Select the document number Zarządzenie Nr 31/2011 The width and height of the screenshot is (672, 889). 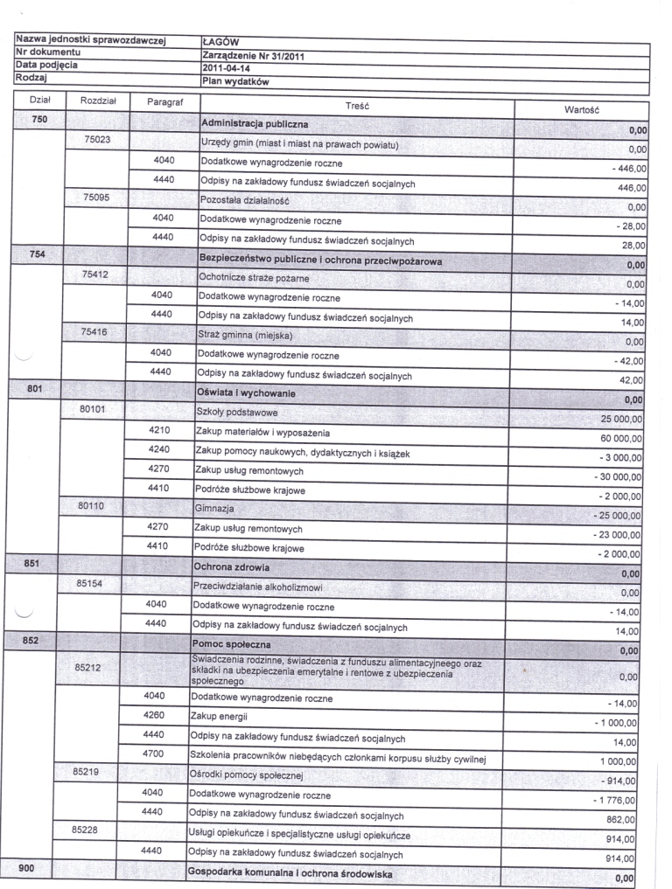[253, 55]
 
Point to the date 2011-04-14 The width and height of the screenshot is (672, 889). [226, 68]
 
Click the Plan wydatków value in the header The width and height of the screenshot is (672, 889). [234, 81]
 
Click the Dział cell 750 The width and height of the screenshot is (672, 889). [38, 118]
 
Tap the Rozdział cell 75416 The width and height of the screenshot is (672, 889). [95, 332]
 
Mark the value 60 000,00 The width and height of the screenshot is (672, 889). [618, 438]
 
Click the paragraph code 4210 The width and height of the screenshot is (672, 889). [161, 430]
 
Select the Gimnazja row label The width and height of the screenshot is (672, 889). [215, 509]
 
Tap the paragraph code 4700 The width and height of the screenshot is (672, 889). [154, 754]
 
